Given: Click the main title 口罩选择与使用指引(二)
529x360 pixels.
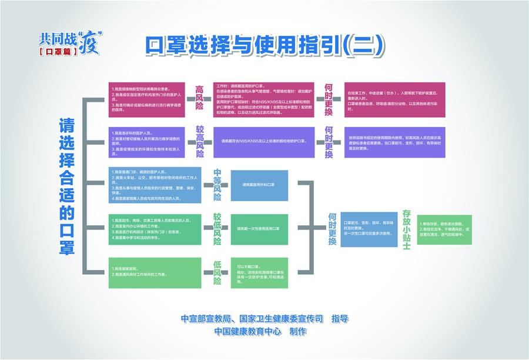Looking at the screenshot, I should [264, 45].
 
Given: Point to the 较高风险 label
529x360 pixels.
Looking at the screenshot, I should [200, 142].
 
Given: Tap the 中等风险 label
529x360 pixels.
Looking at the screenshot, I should [217, 185].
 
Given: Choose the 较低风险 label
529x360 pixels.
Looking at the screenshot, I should [217, 229].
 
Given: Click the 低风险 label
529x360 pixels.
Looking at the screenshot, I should [217, 272].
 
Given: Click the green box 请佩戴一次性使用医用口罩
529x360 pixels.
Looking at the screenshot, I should [259, 229].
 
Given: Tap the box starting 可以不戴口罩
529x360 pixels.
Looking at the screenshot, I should [259, 272].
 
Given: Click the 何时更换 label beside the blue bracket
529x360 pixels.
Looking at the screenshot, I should [332, 229].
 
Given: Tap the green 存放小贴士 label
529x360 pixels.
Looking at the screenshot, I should [406, 229].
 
